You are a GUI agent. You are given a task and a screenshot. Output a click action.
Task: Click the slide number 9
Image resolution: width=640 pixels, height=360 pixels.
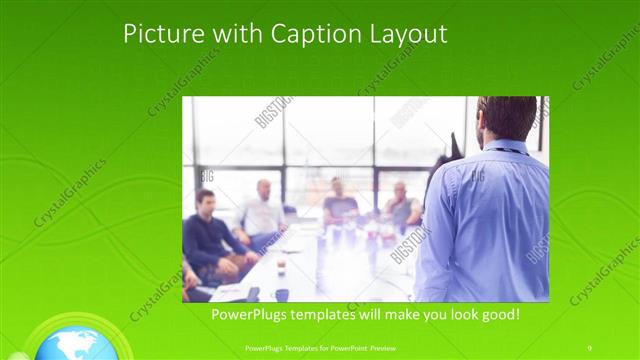tap(589, 347)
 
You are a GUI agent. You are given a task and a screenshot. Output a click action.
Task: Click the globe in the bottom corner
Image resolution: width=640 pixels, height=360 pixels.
tap(75, 345)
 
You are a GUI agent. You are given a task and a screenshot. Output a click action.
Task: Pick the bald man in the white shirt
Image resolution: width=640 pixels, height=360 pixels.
tap(263, 210)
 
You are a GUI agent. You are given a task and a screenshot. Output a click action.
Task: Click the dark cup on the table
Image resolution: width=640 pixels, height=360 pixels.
tap(282, 294)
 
